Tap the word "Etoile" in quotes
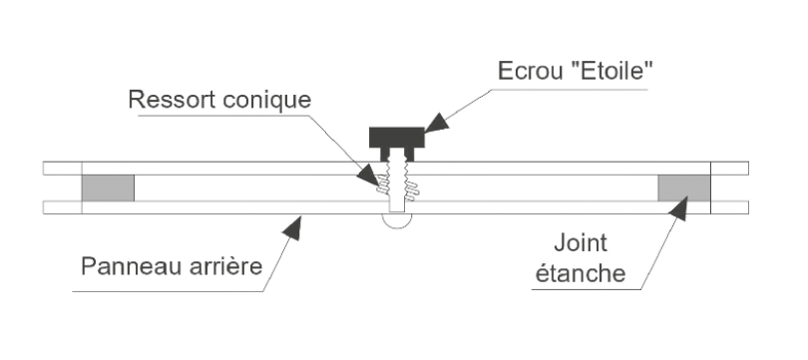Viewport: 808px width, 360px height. (611, 70)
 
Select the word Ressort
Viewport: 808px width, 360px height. (173, 100)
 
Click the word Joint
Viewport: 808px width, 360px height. (581, 242)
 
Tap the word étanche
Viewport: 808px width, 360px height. (581, 272)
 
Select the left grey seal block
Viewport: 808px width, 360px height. (108, 188)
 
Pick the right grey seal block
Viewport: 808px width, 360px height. (684, 188)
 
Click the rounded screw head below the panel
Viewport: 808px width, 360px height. (397, 221)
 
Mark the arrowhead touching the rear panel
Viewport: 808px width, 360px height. (293, 227)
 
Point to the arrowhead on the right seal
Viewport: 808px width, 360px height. (679, 208)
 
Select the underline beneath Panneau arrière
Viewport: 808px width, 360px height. (168, 292)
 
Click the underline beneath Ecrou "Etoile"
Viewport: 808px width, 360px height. (570, 90)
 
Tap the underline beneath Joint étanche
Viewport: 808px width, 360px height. (587, 289)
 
